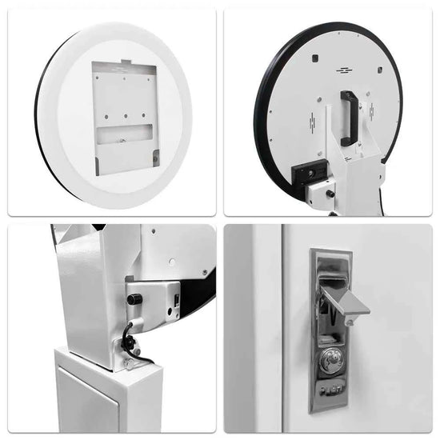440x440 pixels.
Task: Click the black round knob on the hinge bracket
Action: (131, 297)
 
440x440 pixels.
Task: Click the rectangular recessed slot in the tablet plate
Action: (124, 134)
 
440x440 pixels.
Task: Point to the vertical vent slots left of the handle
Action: (313, 121)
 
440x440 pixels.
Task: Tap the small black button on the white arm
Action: (329, 192)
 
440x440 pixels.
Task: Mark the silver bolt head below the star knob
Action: (137, 351)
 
